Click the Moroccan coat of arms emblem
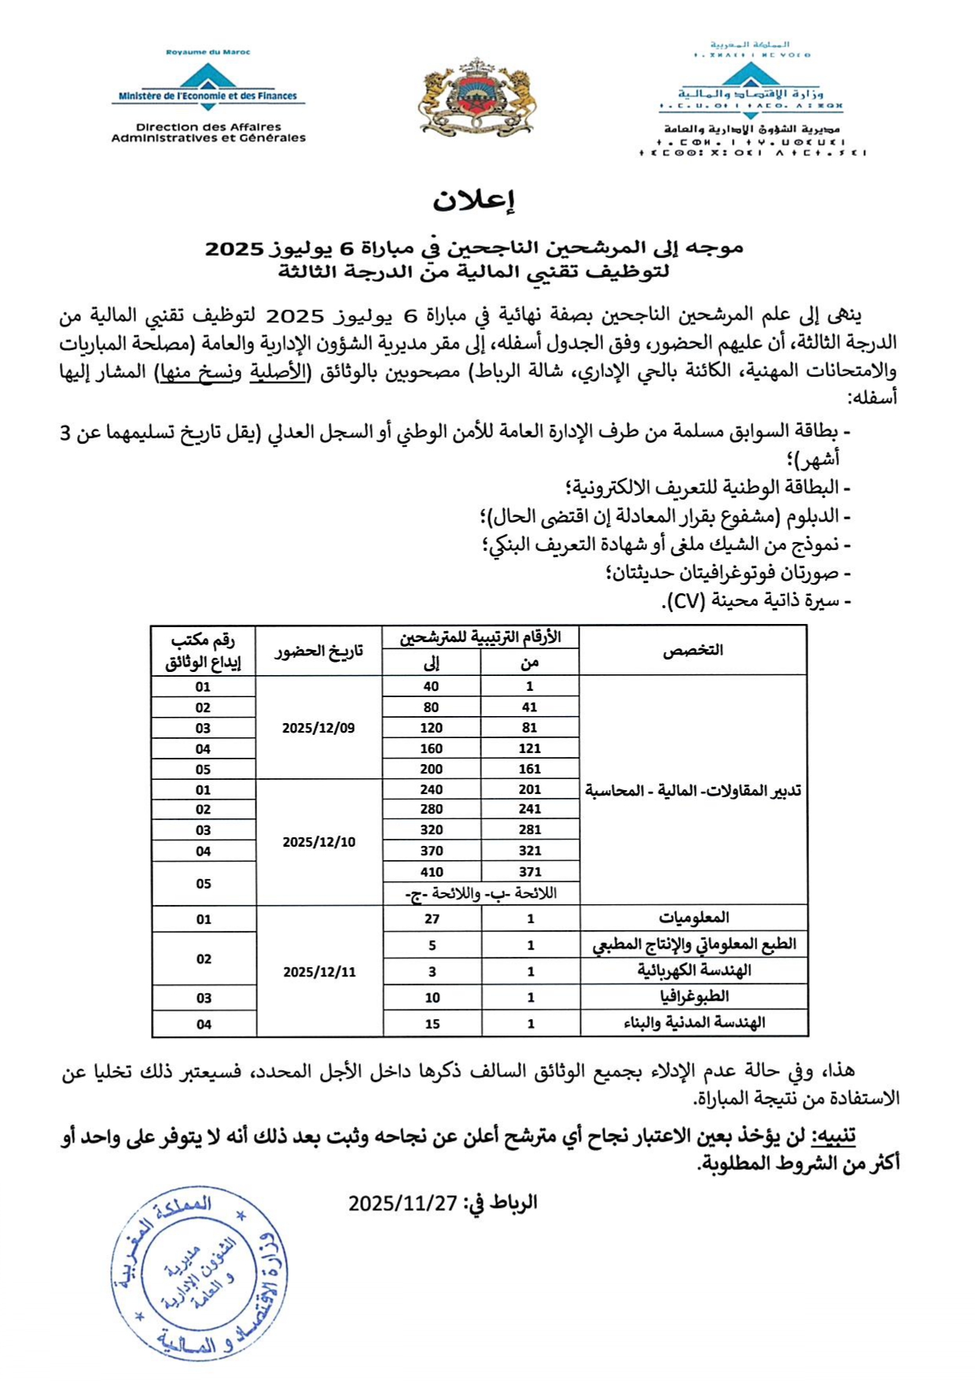[x=478, y=97]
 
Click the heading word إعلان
[x=473, y=201]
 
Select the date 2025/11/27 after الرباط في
[x=403, y=1203]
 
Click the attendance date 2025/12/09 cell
[x=318, y=728]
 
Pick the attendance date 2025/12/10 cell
[x=319, y=842]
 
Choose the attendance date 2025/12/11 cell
[x=319, y=972]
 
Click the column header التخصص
[x=693, y=650]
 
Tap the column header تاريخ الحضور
[x=318, y=651]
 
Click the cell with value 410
[x=432, y=872]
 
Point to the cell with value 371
[x=530, y=872]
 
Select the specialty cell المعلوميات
[x=694, y=918]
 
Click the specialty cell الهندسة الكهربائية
[x=694, y=970]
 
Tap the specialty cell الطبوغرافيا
[x=694, y=997]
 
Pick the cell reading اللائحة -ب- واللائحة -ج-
[x=480, y=894]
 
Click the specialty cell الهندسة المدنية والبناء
[x=694, y=1023]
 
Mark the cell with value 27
[x=432, y=919]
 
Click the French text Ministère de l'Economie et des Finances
[x=208, y=97]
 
